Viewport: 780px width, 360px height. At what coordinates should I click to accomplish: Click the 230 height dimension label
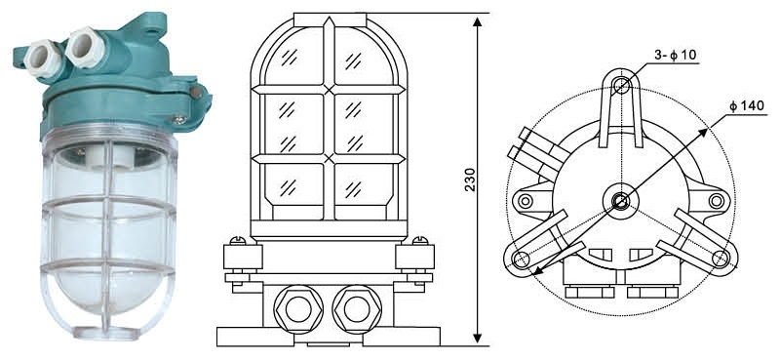(x=471, y=180)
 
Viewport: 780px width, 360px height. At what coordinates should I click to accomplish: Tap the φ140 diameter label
(x=748, y=106)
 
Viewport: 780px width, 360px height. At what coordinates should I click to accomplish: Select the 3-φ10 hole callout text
(x=676, y=56)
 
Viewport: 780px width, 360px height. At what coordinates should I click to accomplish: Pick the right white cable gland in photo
(x=85, y=46)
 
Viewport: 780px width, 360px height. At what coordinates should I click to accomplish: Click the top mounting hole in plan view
(x=621, y=85)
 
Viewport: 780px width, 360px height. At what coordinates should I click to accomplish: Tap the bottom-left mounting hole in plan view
(x=521, y=258)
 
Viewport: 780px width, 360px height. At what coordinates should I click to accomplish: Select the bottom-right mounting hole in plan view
(x=721, y=258)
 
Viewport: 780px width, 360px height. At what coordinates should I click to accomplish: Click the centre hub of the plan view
(x=620, y=202)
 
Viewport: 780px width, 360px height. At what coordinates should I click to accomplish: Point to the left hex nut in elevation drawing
(x=298, y=309)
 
